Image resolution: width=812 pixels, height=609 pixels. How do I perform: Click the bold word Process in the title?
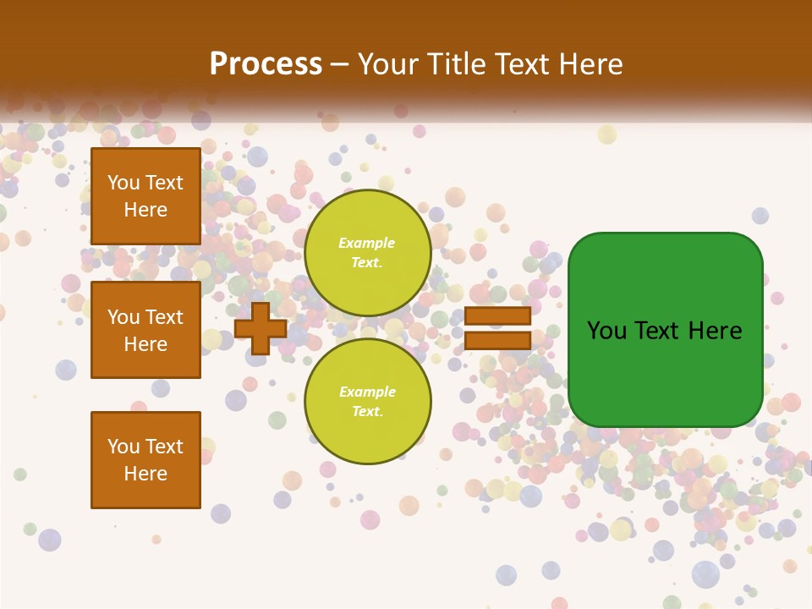pyautogui.click(x=266, y=64)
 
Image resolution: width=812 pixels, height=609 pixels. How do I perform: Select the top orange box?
pyautogui.click(x=145, y=196)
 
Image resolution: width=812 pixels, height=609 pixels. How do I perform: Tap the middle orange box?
pyautogui.click(x=145, y=330)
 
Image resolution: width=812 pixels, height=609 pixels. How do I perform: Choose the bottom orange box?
pyautogui.click(x=145, y=459)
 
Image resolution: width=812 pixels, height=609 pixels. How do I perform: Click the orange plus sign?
pyautogui.click(x=260, y=328)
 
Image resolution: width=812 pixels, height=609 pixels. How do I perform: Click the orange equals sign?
pyautogui.click(x=497, y=328)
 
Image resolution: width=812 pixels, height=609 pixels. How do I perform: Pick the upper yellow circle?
pyautogui.click(x=368, y=252)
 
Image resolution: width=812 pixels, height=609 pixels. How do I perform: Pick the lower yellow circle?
pyautogui.click(x=368, y=401)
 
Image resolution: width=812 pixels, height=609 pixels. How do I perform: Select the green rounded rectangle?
pyautogui.click(x=665, y=330)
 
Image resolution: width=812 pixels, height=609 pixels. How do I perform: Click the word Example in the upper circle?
pyautogui.click(x=366, y=243)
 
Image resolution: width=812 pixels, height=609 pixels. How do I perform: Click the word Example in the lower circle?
pyautogui.click(x=366, y=392)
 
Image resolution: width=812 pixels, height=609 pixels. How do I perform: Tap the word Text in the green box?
pyautogui.click(x=661, y=331)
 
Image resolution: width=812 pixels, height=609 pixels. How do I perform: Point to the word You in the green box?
pyautogui.click(x=607, y=331)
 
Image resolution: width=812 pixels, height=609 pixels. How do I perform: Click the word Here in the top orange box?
pyautogui.click(x=145, y=210)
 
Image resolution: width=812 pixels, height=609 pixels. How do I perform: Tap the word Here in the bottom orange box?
pyautogui.click(x=145, y=474)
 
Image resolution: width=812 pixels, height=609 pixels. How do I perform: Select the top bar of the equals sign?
pyautogui.click(x=497, y=315)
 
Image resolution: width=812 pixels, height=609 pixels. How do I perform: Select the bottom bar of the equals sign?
pyautogui.click(x=497, y=340)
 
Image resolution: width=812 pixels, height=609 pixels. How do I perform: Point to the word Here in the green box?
pyautogui.click(x=716, y=331)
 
